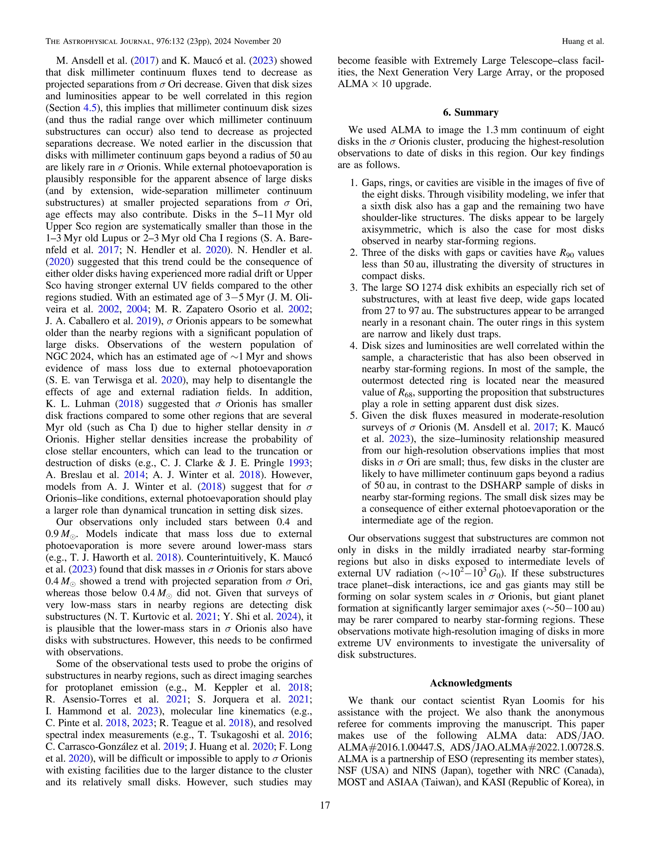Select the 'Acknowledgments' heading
click(x=471, y=683)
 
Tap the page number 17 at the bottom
click(x=325, y=805)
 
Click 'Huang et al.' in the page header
click(x=583, y=41)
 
